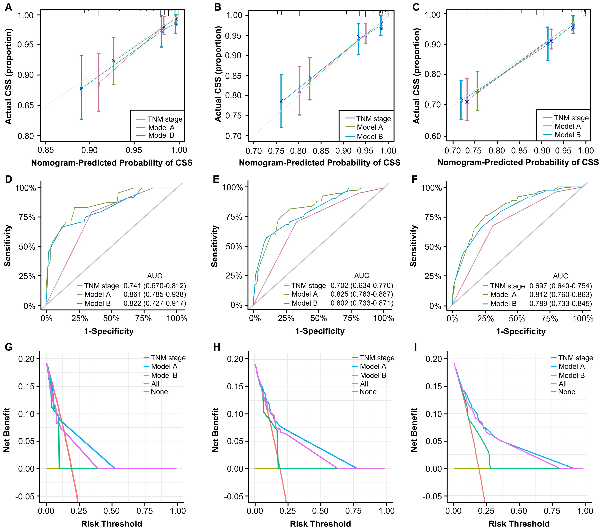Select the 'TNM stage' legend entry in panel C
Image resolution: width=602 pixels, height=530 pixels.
click(571, 118)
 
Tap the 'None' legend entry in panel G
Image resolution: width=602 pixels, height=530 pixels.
click(159, 392)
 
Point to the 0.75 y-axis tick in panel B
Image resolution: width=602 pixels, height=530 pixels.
click(234, 116)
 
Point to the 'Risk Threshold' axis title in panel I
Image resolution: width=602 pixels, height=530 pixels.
click(519, 523)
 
